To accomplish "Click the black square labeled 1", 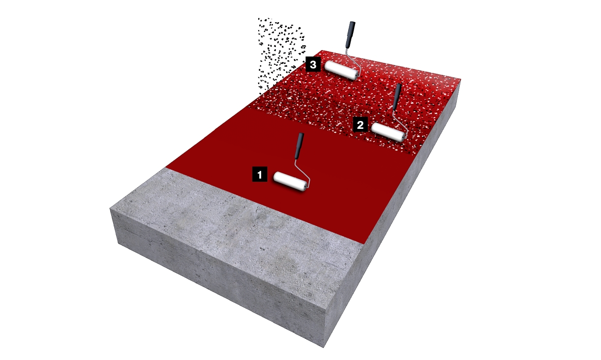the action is pos(260,175).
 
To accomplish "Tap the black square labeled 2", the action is pos(360,124).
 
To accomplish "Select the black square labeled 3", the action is pos(313,64).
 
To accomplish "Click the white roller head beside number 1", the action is pos(290,181).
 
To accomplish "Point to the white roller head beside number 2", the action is pos(388,132).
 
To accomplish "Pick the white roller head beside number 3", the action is pos(341,70).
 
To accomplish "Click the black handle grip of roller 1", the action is pos(299,146).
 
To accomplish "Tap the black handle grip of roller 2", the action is pos(397,97).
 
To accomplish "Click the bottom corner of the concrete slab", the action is pos(324,348).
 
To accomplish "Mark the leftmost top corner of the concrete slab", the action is pos(110,208).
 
